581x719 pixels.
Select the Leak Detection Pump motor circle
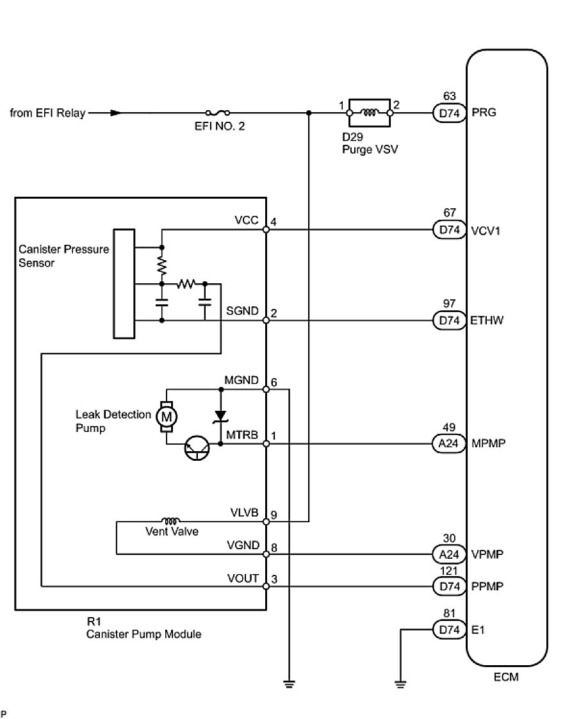167,415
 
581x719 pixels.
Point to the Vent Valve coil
170,520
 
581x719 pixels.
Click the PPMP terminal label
487,586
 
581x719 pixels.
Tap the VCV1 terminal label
485,229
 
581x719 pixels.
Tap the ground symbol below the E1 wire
400,684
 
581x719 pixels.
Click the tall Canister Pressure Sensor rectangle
124,283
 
